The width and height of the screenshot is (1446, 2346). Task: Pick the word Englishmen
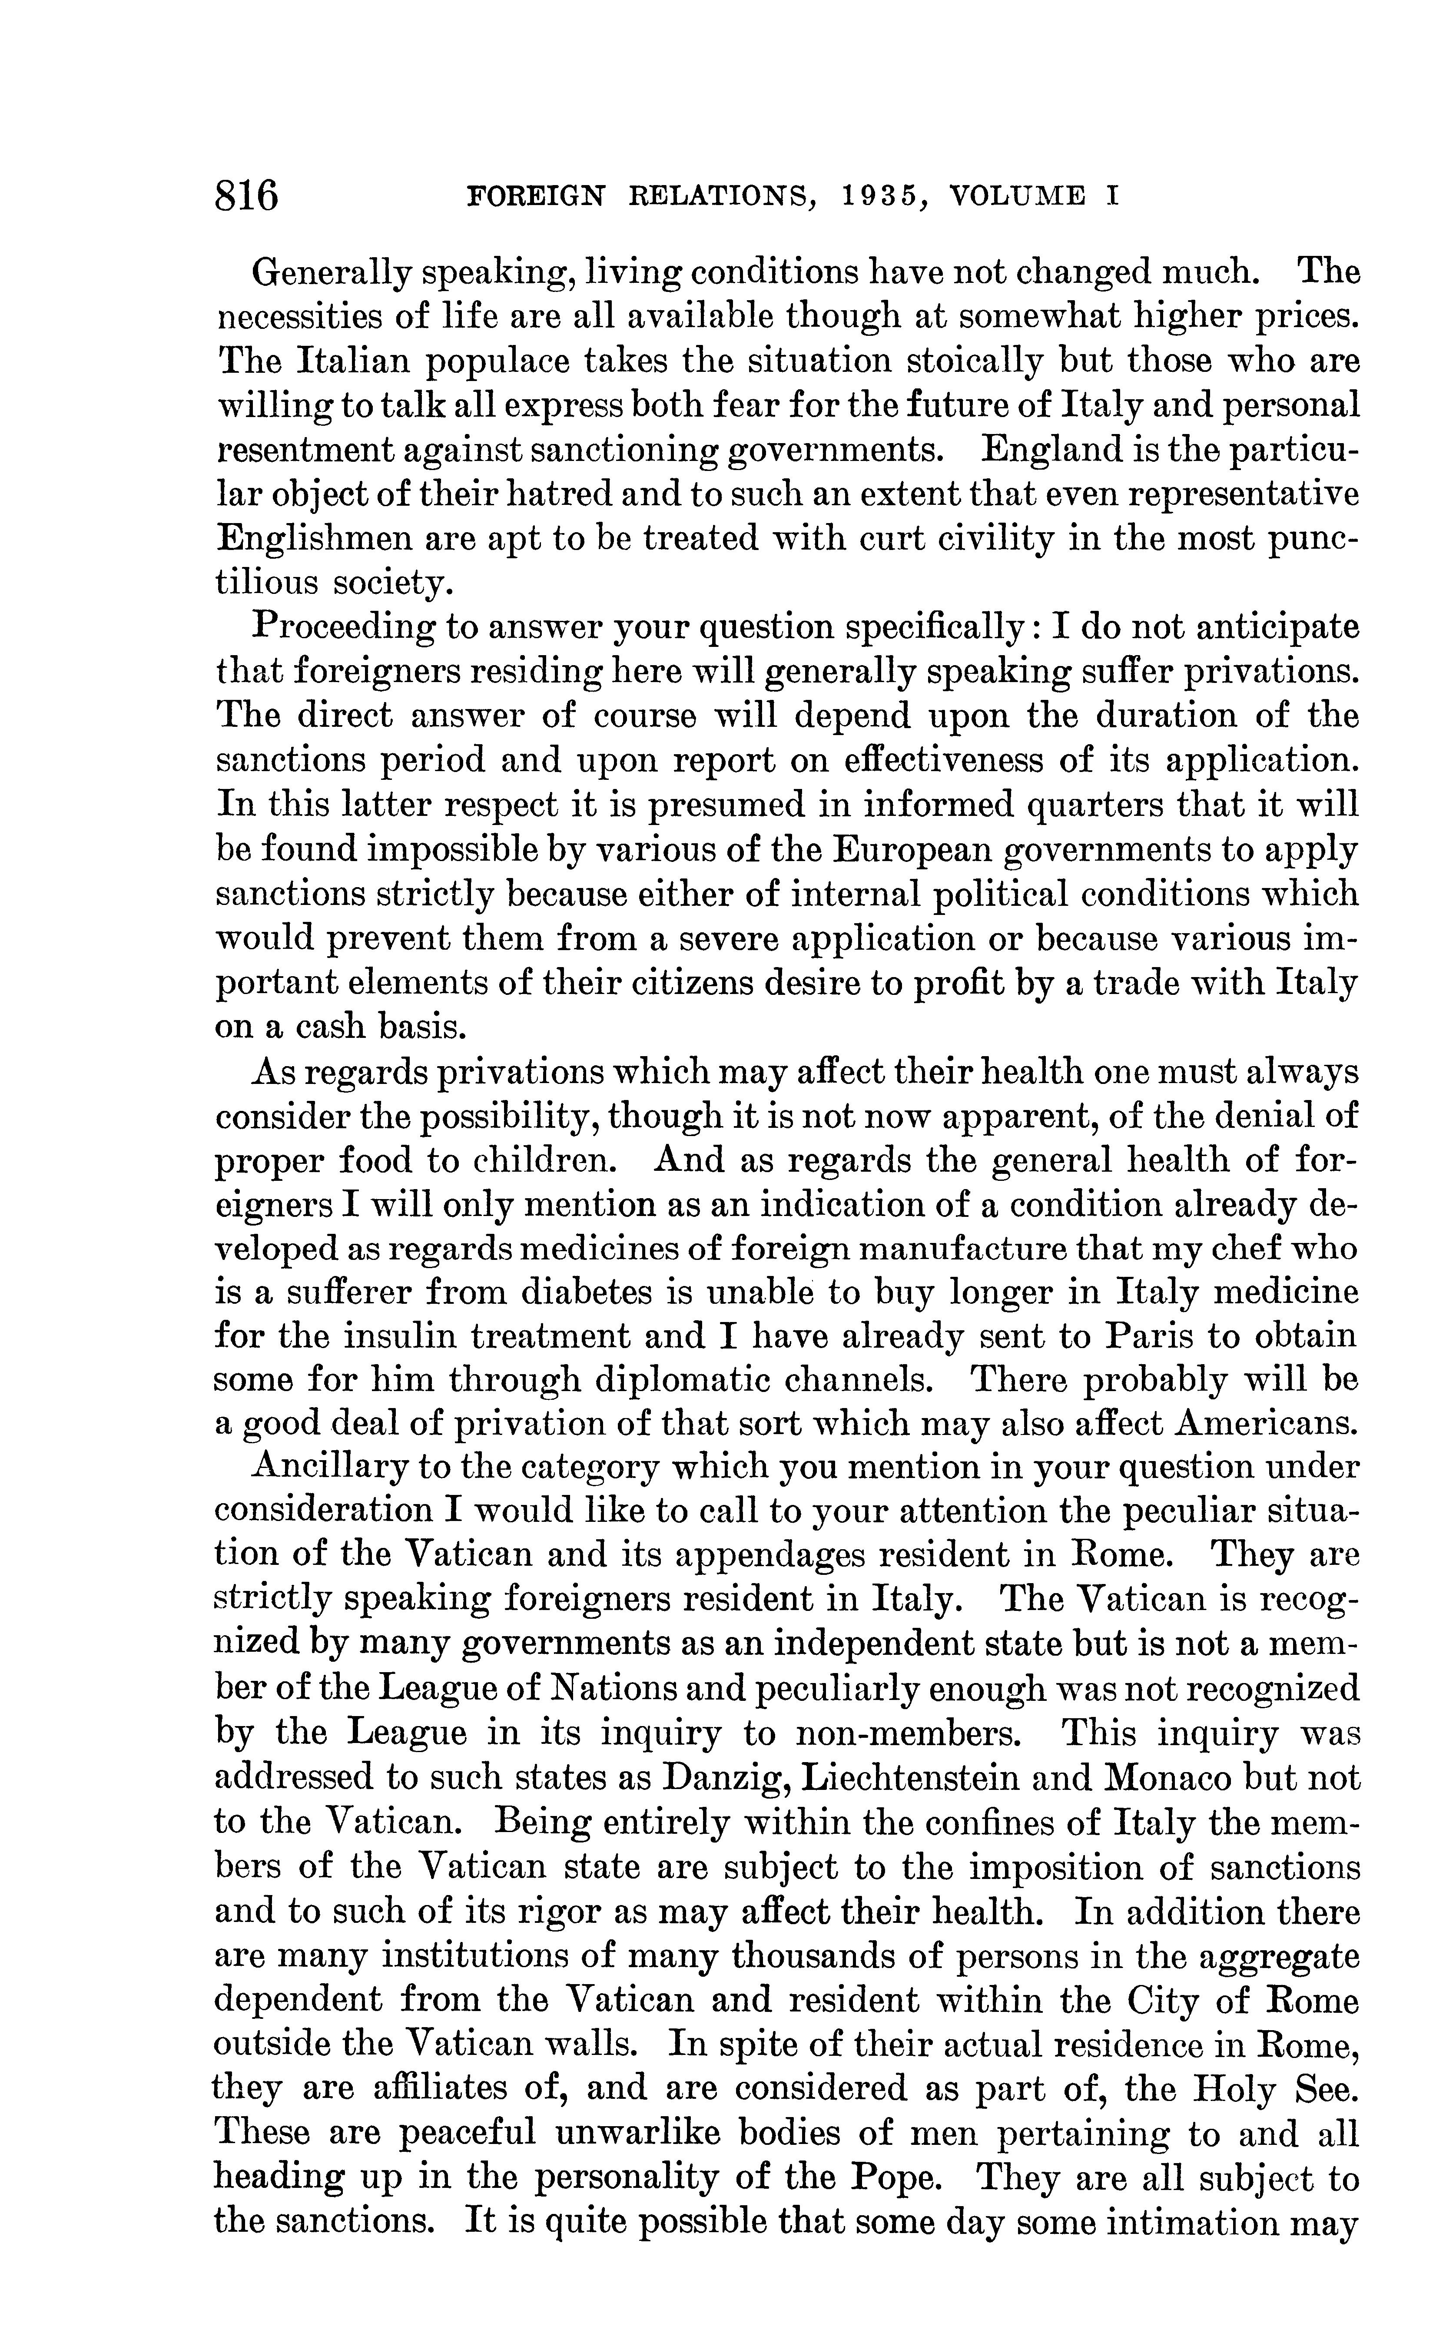coord(311,538)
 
